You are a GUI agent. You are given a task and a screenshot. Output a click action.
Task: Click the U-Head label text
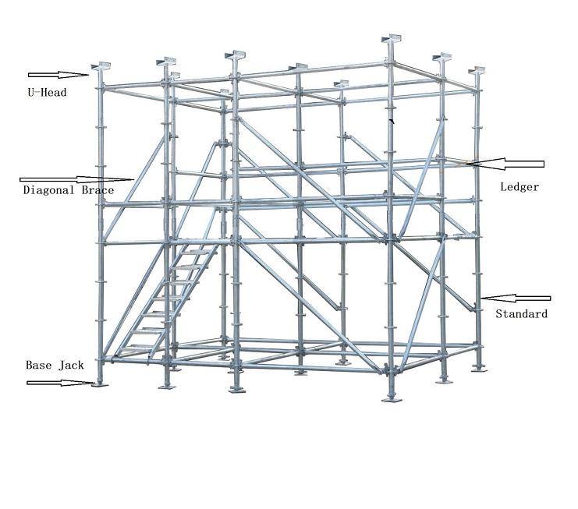tap(46, 93)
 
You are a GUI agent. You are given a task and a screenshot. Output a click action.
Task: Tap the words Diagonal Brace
tap(69, 190)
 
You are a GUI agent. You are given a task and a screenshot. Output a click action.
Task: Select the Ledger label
tap(519, 187)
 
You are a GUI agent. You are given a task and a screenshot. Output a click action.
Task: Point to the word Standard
tap(521, 314)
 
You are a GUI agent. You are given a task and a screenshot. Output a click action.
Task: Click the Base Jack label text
tap(55, 365)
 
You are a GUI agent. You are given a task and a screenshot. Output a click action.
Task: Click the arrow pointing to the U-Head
tap(59, 75)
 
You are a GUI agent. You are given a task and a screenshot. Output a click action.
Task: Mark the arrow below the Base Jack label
tap(59, 382)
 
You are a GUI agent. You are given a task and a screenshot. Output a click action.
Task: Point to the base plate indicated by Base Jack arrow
tap(99, 384)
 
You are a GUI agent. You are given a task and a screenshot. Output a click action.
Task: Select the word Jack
tap(70, 365)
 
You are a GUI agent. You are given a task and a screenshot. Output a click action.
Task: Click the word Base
tap(38, 365)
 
